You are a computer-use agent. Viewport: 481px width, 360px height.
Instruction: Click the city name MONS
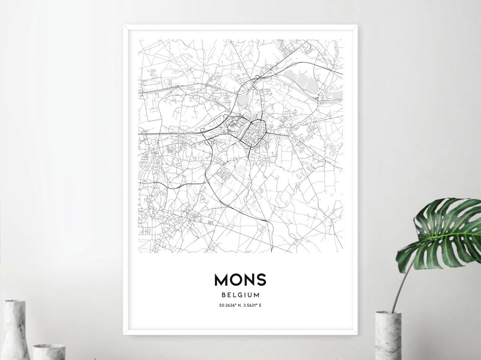coord(240,280)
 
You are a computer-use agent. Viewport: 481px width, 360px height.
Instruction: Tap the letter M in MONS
coord(222,280)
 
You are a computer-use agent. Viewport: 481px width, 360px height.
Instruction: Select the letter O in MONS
coord(236,280)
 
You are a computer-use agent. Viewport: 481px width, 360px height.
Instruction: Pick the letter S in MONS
coord(261,280)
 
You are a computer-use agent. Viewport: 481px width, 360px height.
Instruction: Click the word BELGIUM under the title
coord(240,295)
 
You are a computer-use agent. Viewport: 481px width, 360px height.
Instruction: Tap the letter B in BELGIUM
coord(223,295)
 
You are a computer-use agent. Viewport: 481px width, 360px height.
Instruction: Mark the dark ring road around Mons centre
coord(265,129)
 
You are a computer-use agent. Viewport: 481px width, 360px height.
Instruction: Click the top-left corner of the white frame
coord(125,27)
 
